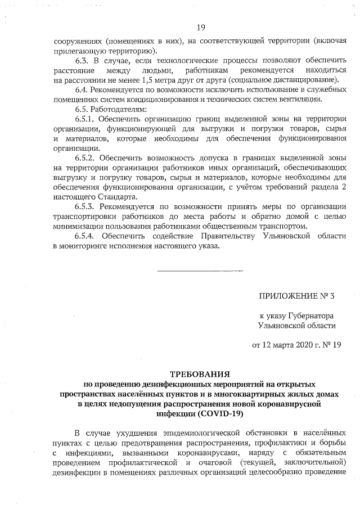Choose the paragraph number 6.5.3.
coord(87,207)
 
